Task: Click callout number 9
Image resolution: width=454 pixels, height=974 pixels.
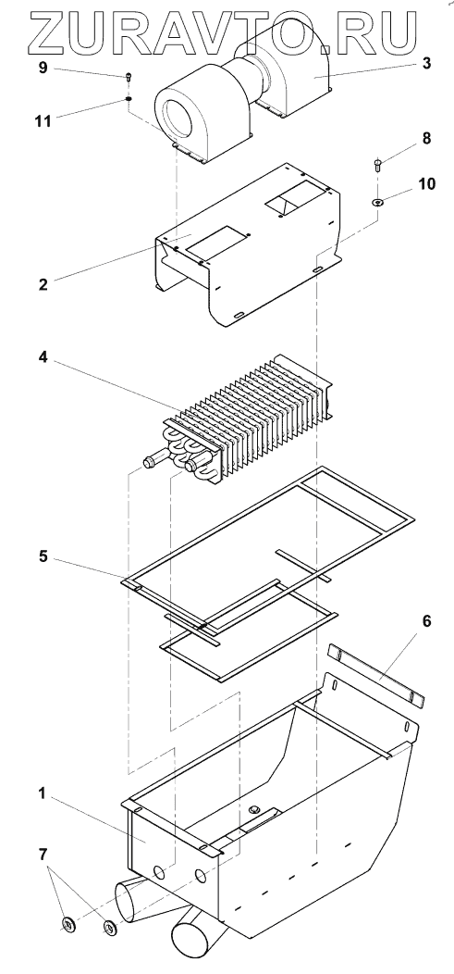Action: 43,68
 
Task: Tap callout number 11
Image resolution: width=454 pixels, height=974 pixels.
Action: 43,120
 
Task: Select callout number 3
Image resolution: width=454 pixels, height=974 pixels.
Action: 426,63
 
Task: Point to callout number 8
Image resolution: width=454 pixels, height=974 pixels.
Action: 426,138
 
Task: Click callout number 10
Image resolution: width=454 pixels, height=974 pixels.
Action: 426,184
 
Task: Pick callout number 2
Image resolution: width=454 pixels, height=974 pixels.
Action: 43,284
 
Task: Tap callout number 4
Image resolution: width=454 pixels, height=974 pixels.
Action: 43,359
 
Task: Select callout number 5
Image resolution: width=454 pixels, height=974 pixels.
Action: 43,556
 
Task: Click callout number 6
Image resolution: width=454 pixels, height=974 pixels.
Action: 427,620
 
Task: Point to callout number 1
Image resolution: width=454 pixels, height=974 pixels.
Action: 43,793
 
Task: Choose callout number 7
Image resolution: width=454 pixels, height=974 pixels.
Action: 43,855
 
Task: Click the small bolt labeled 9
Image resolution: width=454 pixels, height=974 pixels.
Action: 129,77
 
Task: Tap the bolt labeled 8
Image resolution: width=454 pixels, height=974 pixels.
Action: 377,165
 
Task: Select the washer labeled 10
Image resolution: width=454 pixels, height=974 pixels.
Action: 377,201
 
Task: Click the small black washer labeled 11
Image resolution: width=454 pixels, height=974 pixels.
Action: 129,98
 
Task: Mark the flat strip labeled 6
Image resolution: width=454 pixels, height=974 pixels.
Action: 376,675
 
